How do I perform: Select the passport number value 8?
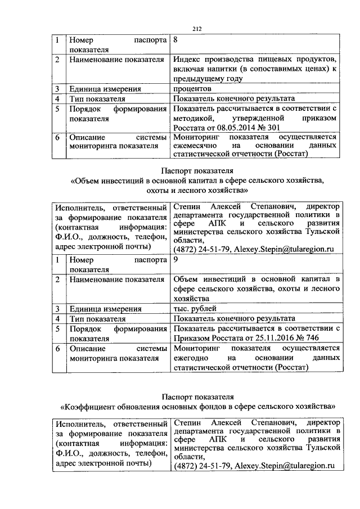tap(177, 40)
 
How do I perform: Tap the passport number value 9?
tap(177, 260)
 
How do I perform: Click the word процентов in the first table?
tap(192, 89)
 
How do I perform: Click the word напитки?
tap(219, 69)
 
